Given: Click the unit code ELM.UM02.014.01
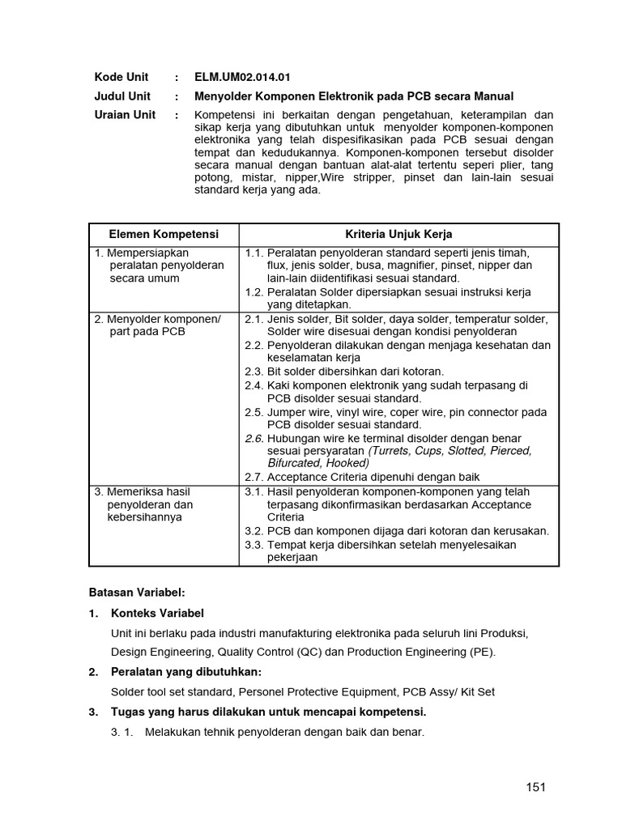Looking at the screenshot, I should click(x=242, y=78).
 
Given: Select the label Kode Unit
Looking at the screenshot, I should click(x=121, y=78).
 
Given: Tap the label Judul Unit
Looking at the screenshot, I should click(x=122, y=96).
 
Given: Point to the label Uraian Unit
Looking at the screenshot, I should click(x=125, y=115).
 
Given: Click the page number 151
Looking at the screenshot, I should click(x=535, y=786).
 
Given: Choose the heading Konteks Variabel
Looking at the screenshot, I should click(x=157, y=613).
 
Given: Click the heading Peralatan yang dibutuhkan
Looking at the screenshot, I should click(x=186, y=672).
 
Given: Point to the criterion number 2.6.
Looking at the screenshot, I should click(x=253, y=438).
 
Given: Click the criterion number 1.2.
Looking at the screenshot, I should click(x=253, y=291).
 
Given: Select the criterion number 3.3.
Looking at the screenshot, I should click(x=253, y=545).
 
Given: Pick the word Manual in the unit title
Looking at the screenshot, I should click(x=493, y=96).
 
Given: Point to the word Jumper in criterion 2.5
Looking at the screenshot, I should click(x=287, y=412).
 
